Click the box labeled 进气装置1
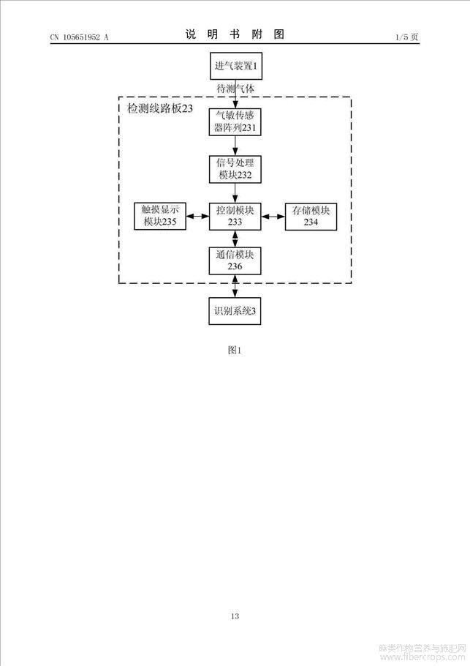tap(236, 66)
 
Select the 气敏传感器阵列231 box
tap(235, 122)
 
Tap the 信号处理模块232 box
tap(235, 169)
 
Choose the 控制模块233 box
tap(235, 216)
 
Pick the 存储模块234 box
tap(311, 217)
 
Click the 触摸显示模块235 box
tap(160, 216)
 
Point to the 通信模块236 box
tap(235, 261)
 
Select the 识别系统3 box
tap(235, 311)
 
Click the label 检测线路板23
tap(160, 108)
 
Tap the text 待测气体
tap(235, 89)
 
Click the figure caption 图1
tap(235, 350)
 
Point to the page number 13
tap(235, 616)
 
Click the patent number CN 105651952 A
tap(80, 37)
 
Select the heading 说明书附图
tap(235, 34)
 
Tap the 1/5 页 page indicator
tap(407, 37)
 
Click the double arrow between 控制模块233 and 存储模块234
tap(273, 217)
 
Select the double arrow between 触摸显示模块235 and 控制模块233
tap(197, 216)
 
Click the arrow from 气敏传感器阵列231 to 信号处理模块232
tap(235, 146)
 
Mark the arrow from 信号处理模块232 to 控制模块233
tap(235, 192)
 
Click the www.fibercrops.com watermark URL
tap(422, 657)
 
